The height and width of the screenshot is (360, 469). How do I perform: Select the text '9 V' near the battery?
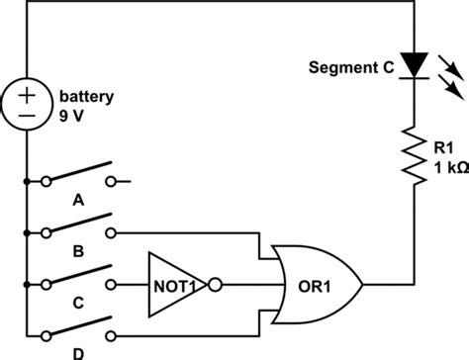pyautogui.click(x=74, y=115)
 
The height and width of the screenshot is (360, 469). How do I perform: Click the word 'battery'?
pyautogui.click(x=87, y=97)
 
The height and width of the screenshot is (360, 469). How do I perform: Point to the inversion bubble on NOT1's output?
pyautogui.click(x=215, y=285)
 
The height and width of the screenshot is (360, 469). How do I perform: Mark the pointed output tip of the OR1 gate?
pyautogui.click(x=363, y=285)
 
